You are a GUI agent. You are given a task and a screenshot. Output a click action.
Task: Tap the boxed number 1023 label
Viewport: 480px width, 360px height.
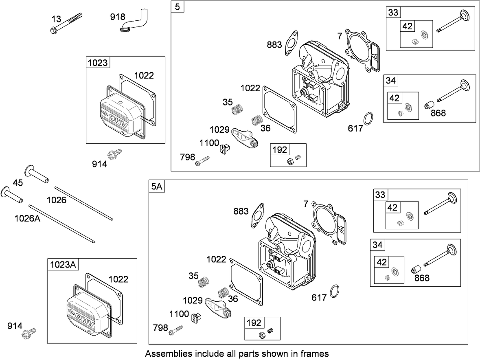[x=97, y=63]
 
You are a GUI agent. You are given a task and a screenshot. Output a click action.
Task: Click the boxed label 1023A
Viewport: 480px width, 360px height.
[x=63, y=264]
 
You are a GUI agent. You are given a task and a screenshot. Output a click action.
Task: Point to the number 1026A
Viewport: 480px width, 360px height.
[x=27, y=218]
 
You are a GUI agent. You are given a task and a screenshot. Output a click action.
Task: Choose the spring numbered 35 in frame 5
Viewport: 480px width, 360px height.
[x=237, y=109]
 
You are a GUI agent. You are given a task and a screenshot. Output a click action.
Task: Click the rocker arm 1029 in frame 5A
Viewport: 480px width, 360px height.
[x=217, y=307]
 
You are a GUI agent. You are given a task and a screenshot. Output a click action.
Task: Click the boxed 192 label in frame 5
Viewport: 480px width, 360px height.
[x=279, y=149]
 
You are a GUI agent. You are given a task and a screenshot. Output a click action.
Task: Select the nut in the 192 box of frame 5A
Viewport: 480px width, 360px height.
[x=262, y=334]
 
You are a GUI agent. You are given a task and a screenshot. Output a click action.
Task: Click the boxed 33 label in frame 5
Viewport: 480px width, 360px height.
[x=393, y=13]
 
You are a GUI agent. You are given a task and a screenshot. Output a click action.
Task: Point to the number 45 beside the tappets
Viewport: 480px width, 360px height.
[x=18, y=183]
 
